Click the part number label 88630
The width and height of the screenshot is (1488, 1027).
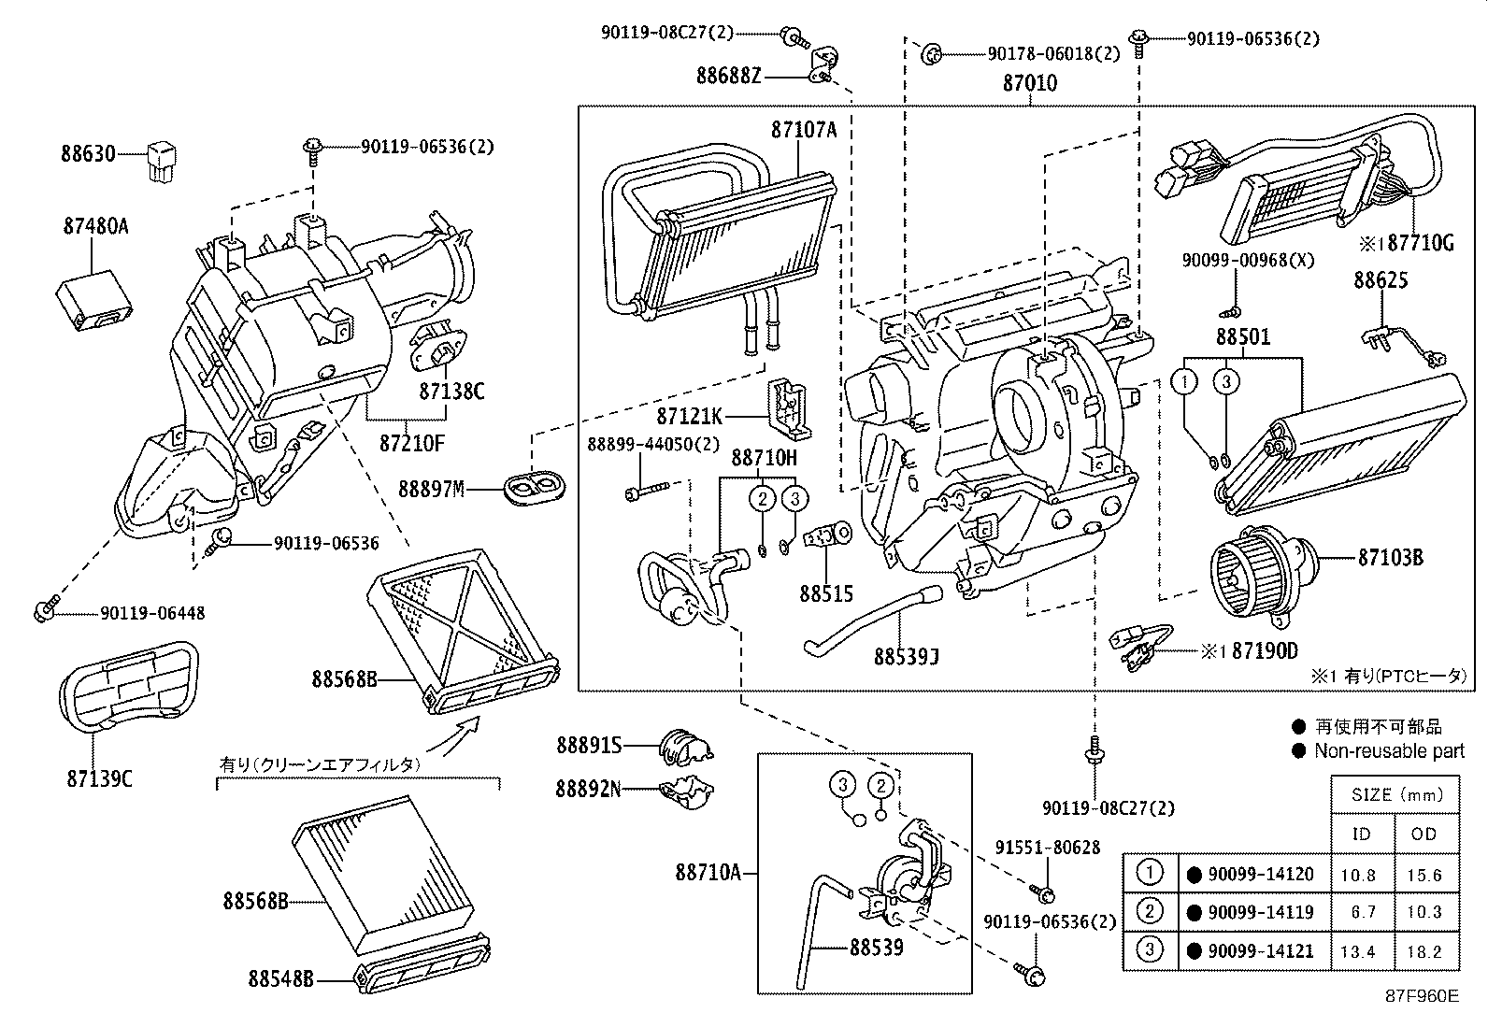88,153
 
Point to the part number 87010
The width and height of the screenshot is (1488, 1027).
1030,83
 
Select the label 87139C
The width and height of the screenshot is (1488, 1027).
99,777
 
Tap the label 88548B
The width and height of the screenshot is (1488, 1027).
280,978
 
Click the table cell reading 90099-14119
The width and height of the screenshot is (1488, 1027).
1260,912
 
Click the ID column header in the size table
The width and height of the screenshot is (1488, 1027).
1361,834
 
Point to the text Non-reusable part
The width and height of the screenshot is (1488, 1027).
1388,750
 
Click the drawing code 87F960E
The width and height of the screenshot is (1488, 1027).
1421,995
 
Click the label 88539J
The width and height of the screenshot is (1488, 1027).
906,657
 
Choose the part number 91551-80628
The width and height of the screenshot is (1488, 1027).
1047,848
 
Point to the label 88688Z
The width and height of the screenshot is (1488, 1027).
728,76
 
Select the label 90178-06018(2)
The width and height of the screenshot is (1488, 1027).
1053,54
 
